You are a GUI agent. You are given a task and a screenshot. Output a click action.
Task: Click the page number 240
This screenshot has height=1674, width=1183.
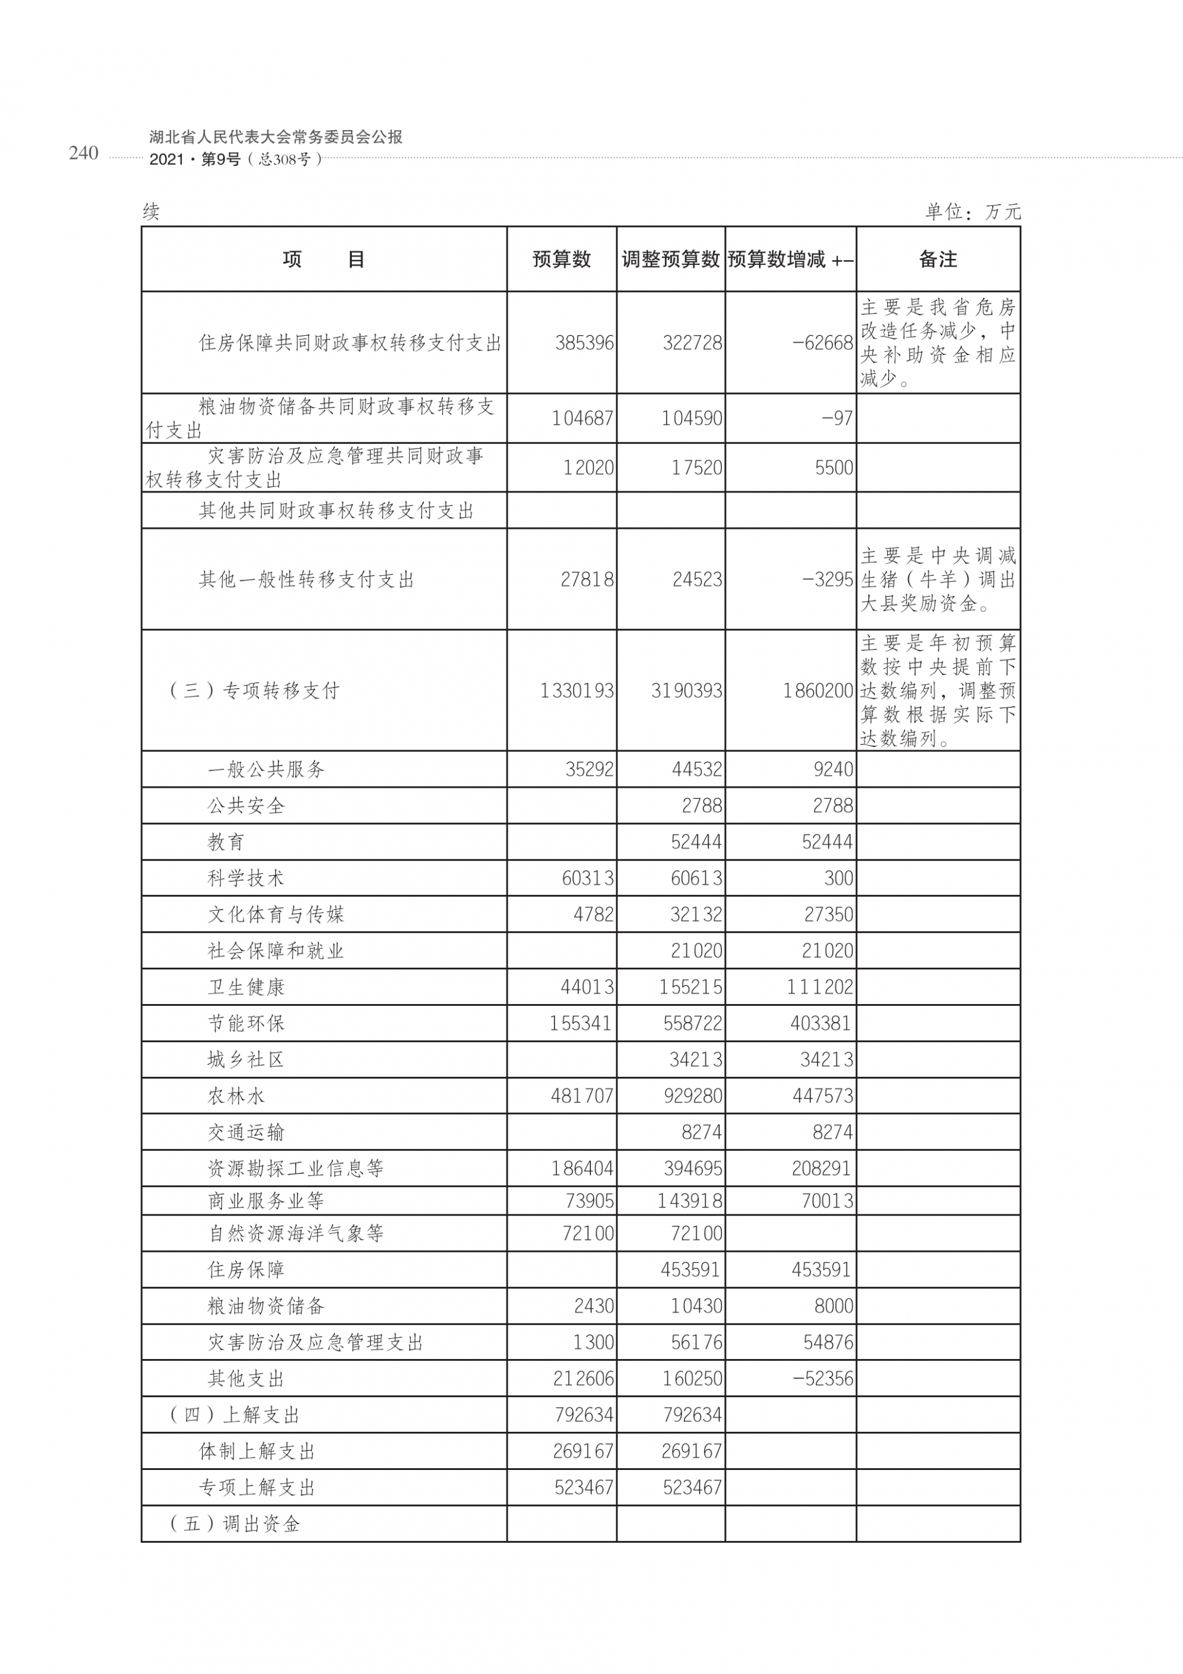click(83, 153)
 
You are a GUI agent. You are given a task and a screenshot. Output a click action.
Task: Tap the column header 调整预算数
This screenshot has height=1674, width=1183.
click(670, 259)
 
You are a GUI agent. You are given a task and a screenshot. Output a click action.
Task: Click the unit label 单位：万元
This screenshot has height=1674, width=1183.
click(972, 212)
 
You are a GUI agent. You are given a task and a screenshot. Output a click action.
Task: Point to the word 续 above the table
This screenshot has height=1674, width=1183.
click(151, 212)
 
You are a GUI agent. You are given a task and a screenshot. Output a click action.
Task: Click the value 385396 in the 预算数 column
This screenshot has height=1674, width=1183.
click(584, 343)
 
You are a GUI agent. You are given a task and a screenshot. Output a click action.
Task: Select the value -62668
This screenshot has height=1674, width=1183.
click(822, 343)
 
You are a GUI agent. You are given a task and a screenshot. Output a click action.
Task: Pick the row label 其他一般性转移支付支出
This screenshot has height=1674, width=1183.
click(306, 579)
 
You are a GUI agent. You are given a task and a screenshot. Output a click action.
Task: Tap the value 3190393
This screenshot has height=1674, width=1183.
click(686, 690)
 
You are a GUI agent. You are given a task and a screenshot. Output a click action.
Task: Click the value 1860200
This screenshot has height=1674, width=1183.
click(817, 690)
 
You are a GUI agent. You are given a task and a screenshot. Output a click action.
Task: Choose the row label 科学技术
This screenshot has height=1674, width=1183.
click(246, 878)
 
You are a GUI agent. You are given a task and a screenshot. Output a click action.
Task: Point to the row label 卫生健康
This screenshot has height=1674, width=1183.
click(246, 987)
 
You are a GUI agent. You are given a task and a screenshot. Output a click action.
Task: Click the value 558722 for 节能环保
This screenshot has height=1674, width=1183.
click(692, 1024)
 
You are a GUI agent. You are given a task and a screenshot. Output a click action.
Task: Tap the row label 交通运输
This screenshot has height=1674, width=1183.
click(246, 1132)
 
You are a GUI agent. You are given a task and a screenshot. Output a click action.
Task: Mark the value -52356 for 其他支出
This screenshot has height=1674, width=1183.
click(822, 1379)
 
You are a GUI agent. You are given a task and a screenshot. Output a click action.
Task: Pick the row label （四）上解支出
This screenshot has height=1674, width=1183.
click(234, 1415)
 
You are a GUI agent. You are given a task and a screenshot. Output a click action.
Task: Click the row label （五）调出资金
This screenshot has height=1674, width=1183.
click(234, 1524)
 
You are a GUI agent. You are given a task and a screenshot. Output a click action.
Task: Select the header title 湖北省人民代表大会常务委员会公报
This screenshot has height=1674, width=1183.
click(275, 137)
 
